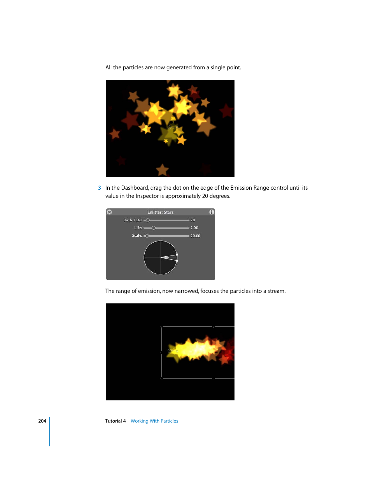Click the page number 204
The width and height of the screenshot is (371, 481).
point(42,421)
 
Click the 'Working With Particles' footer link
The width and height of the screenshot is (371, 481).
point(154,421)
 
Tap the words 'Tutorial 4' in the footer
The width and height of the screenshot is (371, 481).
point(115,421)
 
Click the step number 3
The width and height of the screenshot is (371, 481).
point(100,188)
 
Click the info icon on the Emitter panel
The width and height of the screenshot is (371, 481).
point(212,212)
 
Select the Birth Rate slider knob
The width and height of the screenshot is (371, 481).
point(148,220)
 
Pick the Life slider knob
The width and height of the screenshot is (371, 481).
point(154,228)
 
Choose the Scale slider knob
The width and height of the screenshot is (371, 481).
point(147,236)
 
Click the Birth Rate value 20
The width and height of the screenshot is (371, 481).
point(192,220)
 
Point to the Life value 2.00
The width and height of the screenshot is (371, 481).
point(194,227)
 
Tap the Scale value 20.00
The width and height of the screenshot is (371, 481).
point(195,236)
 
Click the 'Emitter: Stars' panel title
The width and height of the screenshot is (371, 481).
point(161,212)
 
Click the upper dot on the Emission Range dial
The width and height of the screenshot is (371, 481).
point(177,255)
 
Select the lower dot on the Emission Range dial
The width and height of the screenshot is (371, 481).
point(177,261)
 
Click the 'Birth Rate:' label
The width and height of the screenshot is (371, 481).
point(133,220)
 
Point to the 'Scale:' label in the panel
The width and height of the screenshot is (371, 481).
point(137,236)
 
